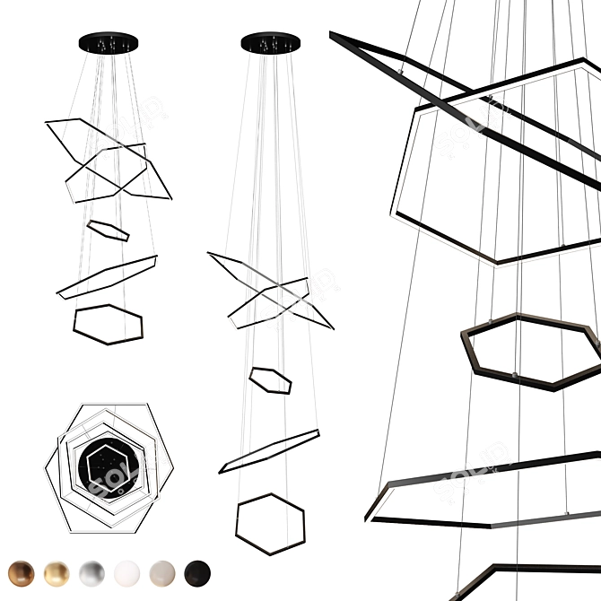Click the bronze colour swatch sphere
tap(21, 572)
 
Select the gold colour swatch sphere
tap(57, 572)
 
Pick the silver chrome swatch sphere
tap(91, 572)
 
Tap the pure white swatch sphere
tap(127, 572)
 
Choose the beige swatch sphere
tap(162, 572)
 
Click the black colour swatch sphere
tap(197, 572)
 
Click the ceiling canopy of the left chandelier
tap(109, 41)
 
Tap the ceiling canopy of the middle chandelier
tap(270, 41)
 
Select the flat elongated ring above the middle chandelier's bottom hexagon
tap(269, 451)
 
